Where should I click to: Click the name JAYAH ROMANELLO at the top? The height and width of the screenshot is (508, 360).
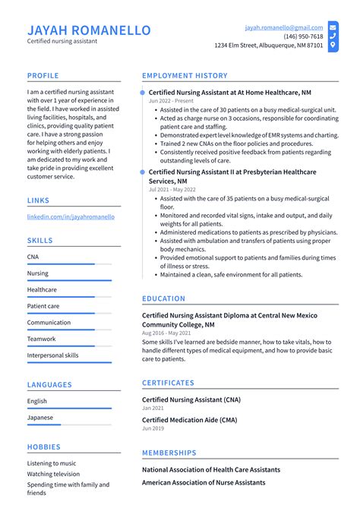click(x=89, y=30)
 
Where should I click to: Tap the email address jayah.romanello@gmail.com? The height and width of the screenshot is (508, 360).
click(x=283, y=27)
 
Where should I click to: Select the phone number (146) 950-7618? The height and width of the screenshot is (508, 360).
click(x=303, y=36)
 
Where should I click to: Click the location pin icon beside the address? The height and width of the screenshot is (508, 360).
click(x=333, y=46)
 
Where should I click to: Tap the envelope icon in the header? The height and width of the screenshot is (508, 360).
click(x=333, y=27)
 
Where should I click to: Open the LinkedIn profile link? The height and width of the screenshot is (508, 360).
click(x=71, y=216)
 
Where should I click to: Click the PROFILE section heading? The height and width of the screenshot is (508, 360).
click(x=43, y=76)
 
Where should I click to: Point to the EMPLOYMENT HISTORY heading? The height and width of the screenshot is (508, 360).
click(x=185, y=76)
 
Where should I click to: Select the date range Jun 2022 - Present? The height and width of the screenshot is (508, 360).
click(x=171, y=101)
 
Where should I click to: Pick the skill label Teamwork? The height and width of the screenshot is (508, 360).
click(x=42, y=339)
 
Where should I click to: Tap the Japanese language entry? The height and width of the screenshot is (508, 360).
click(x=40, y=417)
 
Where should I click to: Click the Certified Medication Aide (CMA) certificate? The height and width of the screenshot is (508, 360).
click(x=190, y=420)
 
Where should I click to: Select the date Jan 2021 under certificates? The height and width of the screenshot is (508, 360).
click(x=153, y=408)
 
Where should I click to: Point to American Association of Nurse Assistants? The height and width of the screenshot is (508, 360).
click(x=204, y=482)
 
